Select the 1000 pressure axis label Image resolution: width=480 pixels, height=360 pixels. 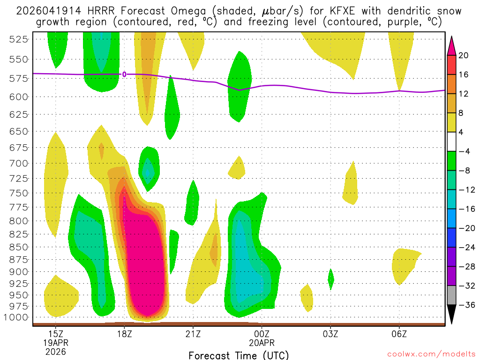(x=19, y=317)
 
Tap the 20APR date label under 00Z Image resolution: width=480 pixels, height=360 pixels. (x=262, y=343)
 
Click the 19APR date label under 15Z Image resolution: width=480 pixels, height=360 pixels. (x=56, y=343)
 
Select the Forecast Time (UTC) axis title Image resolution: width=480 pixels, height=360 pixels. (x=239, y=355)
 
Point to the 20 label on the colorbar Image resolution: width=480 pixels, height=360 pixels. (x=464, y=55)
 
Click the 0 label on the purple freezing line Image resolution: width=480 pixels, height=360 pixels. (x=124, y=74)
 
